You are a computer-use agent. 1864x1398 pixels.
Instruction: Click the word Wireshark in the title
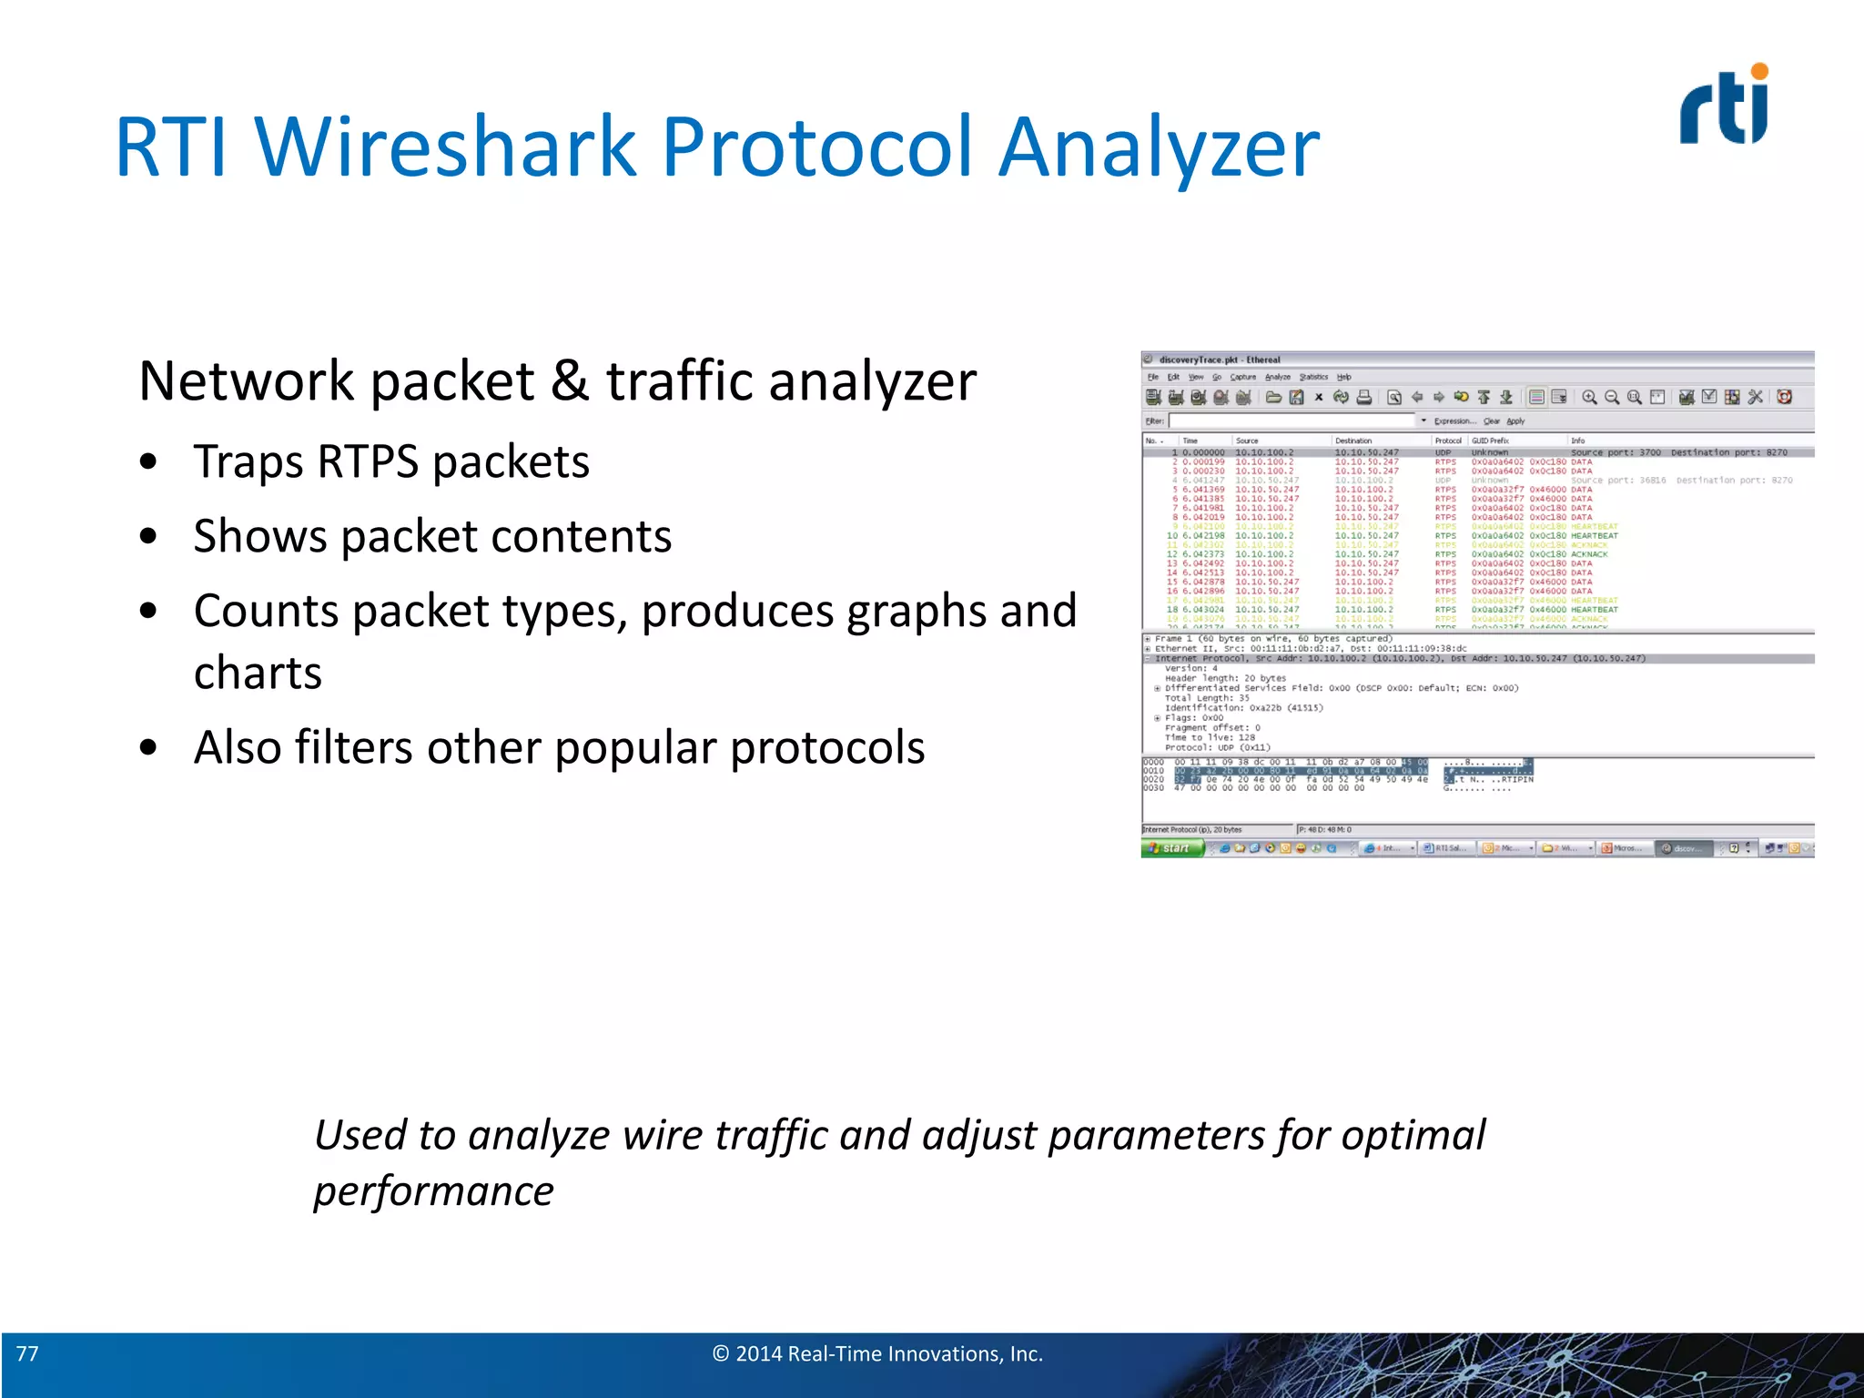pyautogui.click(x=445, y=147)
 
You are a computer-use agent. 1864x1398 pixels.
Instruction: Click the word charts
pyautogui.click(x=258, y=674)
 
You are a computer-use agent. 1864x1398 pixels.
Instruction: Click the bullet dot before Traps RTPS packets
pyautogui.click(x=148, y=462)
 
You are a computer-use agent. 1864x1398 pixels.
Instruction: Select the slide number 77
pyautogui.click(x=27, y=1353)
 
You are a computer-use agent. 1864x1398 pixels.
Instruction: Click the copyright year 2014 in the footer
pyautogui.click(x=758, y=1353)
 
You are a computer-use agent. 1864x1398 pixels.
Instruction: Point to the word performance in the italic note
pyautogui.click(x=433, y=1191)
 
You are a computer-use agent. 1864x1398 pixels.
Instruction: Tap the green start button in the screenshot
pyautogui.click(x=1172, y=848)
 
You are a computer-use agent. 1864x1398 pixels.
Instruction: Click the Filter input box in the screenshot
pyautogui.click(x=1292, y=421)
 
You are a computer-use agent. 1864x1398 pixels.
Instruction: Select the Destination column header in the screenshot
pyautogui.click(x=1353, y=441)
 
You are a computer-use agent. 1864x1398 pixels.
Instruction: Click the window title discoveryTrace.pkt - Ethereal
pyautogui.click(x=1220, y=360)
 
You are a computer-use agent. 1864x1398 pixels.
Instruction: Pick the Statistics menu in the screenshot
pyautogui.click(x=1312, y=377)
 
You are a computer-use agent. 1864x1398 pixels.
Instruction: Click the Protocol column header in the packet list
pyautogui.click(x=1448, y=441)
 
